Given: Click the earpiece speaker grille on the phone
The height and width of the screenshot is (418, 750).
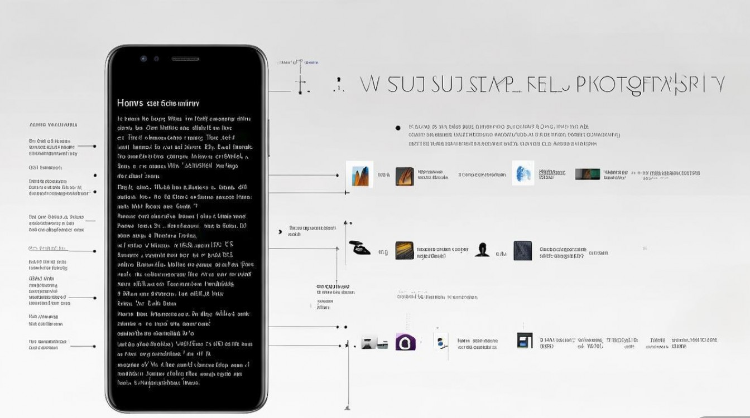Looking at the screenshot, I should [185, 59].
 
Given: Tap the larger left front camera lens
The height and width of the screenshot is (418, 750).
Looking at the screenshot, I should [144, 59].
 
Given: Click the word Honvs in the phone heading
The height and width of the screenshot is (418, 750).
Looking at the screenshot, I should [129, 103].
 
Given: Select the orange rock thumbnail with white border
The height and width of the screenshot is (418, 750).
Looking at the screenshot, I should [359, 174].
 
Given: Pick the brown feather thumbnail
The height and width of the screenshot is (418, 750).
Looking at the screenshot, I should [405, 176].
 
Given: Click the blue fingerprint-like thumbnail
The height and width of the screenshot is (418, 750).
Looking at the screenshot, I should [523, 173].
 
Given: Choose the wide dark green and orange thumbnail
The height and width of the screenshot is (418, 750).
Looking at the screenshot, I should [588, 174].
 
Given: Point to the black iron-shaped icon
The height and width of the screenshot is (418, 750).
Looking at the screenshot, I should [359, 248].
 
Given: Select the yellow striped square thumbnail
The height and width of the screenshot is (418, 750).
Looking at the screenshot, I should [405, 250].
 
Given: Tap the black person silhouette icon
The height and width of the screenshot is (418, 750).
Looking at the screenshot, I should [482, 250].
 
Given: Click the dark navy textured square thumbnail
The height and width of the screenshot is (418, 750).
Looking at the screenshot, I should [523, 250].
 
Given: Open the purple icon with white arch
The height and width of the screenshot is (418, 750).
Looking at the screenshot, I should [406, 342].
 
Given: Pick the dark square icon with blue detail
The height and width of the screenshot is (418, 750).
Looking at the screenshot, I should [525, 341].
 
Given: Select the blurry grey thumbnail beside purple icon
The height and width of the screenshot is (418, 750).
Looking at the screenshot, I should [374, 343].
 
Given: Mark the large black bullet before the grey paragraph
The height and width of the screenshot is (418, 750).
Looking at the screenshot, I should [398, 128].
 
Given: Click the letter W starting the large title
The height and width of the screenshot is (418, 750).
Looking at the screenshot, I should [369, 84].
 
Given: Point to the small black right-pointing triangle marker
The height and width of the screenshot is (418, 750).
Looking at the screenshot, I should [280, 231].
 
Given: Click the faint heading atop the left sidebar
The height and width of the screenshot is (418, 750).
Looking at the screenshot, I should [53, 125].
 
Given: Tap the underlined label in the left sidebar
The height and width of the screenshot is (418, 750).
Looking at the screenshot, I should [47, 248].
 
